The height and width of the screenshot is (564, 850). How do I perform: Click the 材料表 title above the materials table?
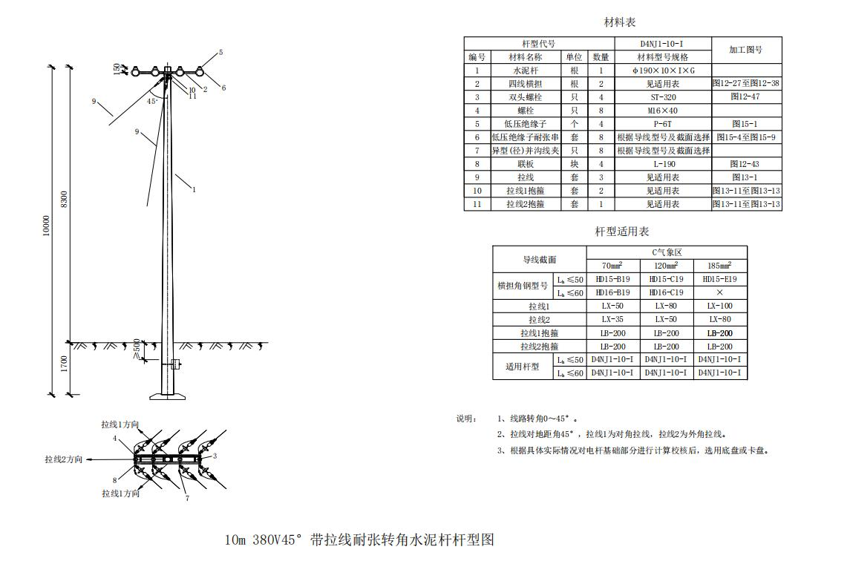click(620, 22)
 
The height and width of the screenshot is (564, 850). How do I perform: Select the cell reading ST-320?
click(664, 97)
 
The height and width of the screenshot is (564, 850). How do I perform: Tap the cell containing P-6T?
click(664, 124)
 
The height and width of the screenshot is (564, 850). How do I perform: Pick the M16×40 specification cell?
click(664, 111)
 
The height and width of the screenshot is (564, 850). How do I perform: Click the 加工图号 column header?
click(746, 50)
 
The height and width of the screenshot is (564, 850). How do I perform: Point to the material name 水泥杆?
click(525, 70)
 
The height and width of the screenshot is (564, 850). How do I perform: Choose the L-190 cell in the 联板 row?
click(664, 164)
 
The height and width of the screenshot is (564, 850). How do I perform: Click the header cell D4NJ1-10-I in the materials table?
click(664, 44)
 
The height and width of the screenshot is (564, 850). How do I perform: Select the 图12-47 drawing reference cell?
click(746, 97)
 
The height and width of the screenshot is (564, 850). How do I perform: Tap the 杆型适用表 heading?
click(621, 232)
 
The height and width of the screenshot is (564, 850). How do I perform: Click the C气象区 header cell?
click(667, 252)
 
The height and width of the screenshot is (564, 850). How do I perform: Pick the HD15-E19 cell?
click(719, 280)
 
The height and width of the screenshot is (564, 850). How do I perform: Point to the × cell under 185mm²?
click(719, 293)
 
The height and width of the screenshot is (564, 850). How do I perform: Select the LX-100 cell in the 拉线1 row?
click(719, 306)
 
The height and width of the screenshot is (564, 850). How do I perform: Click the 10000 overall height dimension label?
click(47, 226)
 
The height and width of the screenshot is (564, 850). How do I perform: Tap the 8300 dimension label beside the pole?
click(65, 200)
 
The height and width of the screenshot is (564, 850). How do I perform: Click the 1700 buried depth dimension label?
click(65, 364)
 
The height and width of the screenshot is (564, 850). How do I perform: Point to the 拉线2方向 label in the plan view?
click(64, 459)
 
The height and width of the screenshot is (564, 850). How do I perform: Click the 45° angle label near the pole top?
click(152, 101)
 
